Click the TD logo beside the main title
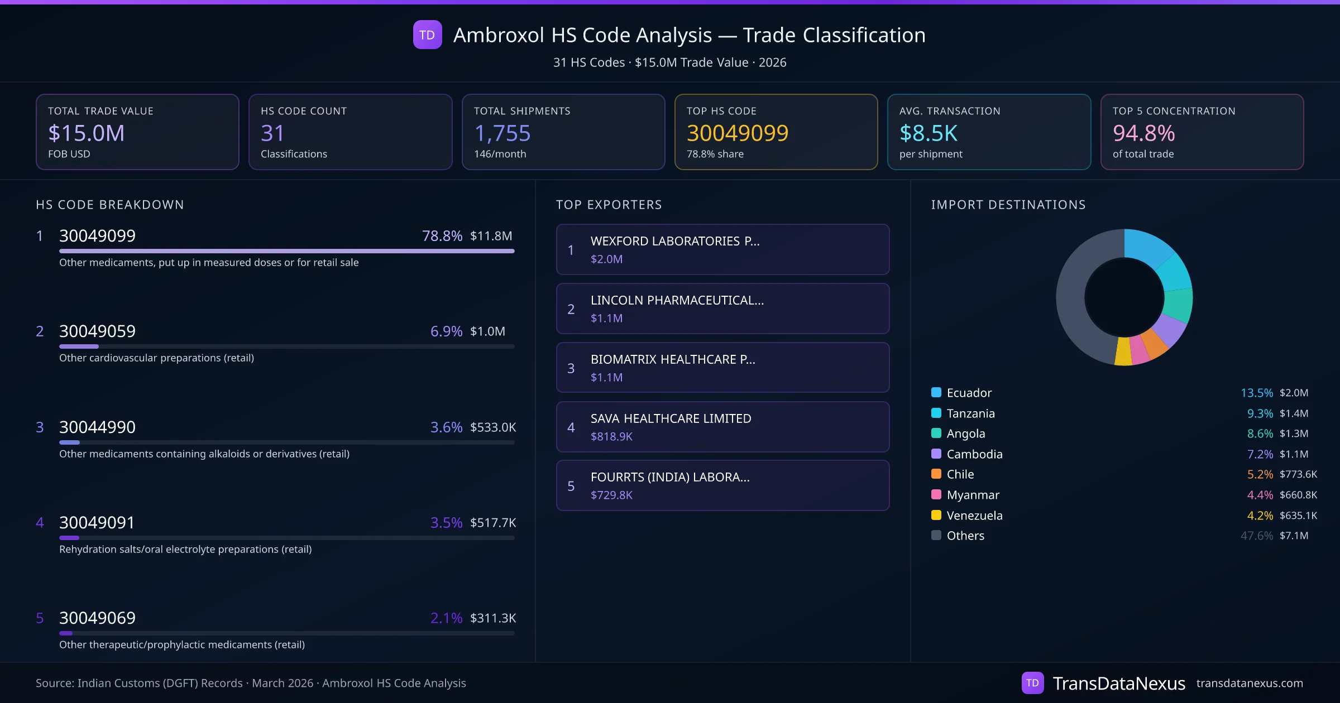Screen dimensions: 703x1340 click(x=427, y=35)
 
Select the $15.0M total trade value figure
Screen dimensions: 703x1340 click(x=87, y=133)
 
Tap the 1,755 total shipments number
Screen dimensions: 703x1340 click(x=502, y=133)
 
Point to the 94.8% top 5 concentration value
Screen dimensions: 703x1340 click(x=1143, y=133)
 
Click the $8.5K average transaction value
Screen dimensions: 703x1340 click(x=929, y=133)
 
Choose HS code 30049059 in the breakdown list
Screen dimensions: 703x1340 click(x=97, y=331)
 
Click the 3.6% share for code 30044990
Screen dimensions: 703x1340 click(x=446, y=427)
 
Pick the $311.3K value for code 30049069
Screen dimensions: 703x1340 click(x=493, y=618)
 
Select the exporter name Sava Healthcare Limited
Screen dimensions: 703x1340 click(x=671, y=418)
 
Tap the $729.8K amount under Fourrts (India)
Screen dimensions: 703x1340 click(x=611, y=495)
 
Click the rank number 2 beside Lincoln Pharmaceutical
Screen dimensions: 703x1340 click(x=571, y=309)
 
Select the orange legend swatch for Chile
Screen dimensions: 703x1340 click(x=936, y=474)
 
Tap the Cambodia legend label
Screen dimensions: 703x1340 click(x=974, y=454)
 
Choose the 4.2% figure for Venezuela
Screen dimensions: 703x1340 click(x=1260, y=516)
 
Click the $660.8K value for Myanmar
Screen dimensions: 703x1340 click(x=1298, y=495)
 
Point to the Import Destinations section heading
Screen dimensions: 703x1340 click(x=1008, y=205)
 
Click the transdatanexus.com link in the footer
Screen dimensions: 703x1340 click(x=1250, y=683)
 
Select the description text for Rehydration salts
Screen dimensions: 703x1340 click(x=185, y=550)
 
